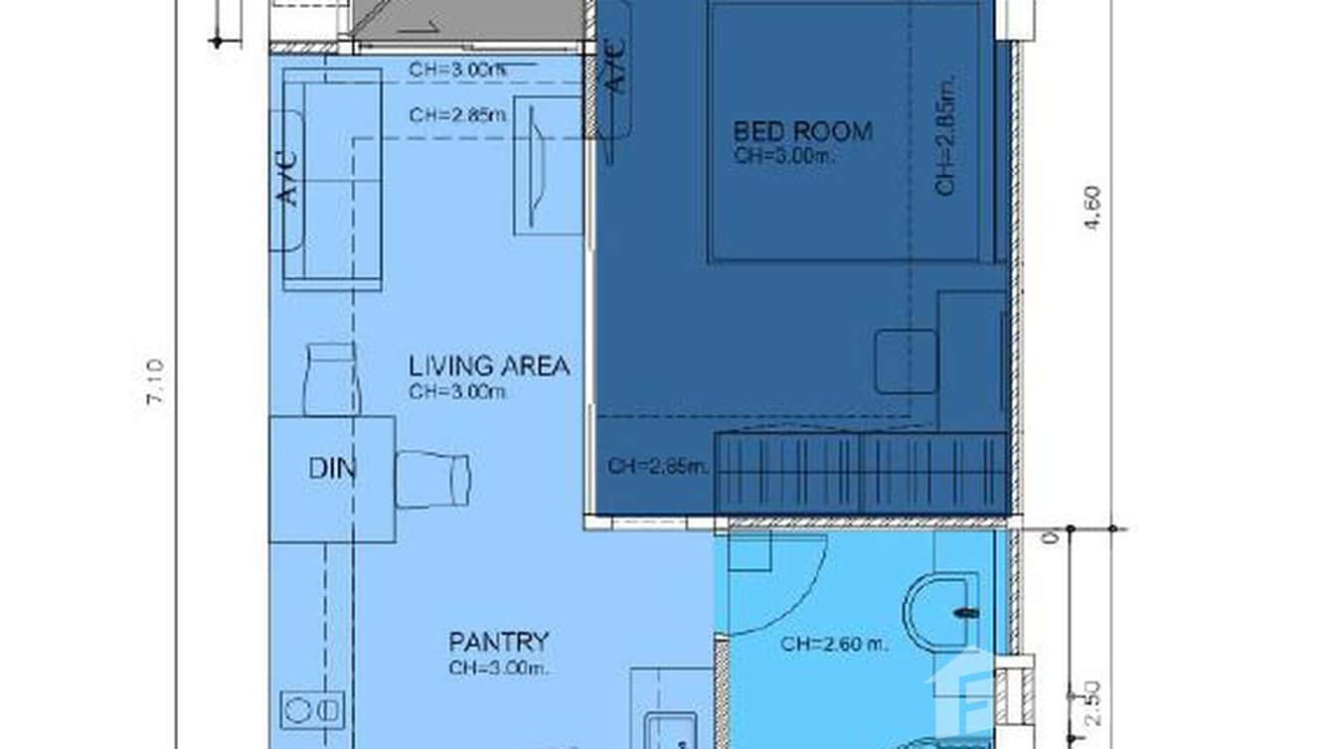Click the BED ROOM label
802,131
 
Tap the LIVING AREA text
489,367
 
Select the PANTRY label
498,642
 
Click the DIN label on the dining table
332,469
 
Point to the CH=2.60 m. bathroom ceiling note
834,645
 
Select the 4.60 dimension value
1092,209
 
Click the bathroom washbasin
943,613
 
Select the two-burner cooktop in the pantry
312,709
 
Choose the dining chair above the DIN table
331,378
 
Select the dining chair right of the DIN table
432,480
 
